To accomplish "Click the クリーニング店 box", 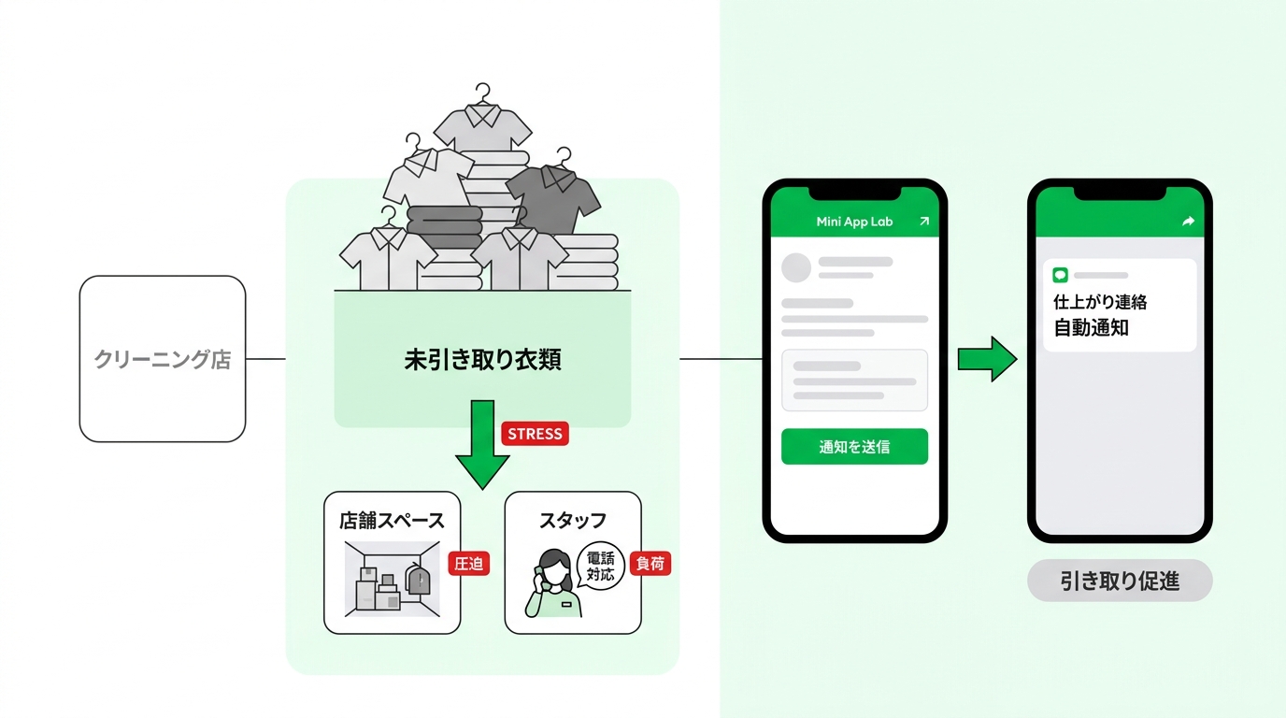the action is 163,359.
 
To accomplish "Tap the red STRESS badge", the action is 536,434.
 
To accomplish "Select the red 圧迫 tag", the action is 468,564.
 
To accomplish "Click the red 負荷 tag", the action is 650,564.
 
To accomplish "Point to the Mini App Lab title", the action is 854,222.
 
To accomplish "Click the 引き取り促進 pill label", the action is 1120,581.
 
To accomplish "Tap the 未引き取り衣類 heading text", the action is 482,360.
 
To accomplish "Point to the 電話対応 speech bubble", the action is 601,566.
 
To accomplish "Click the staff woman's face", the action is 554,569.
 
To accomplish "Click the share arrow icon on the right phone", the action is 1189,222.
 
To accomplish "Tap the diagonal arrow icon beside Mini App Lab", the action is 923,222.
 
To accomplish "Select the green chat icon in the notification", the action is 1060,275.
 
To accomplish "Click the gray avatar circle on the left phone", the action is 796,267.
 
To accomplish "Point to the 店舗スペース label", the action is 392,521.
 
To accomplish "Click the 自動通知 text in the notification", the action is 1091,328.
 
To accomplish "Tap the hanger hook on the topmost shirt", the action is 483,92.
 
